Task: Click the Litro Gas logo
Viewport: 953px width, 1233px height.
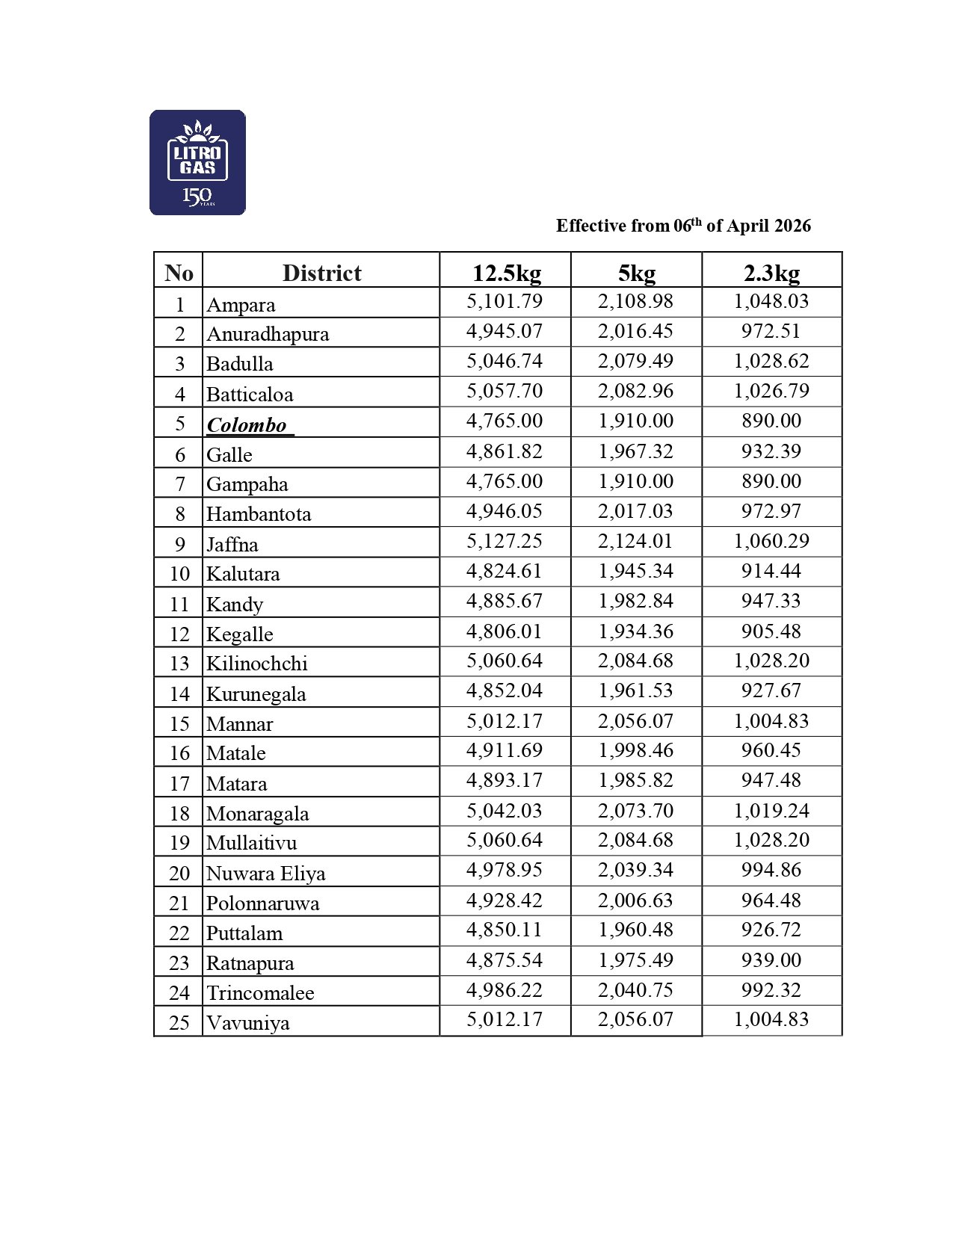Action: coord(197,163)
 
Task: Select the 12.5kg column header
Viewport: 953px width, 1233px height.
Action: coord(506,273)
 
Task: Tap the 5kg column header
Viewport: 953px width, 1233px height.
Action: coord(636,273)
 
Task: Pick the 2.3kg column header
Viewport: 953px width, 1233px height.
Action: coord(771,273)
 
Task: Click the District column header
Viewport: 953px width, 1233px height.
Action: coord(321,273)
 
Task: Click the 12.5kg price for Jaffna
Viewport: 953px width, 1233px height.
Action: coord(505,541)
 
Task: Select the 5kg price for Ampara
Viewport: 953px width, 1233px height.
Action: coord(635,301)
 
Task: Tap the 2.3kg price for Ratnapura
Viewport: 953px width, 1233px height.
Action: coord(771,960)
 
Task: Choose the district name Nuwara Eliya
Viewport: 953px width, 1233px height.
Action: coord(265,873)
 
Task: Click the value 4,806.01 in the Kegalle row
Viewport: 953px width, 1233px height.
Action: coord(505,631)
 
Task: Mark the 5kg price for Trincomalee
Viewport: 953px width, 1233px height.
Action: coord(635,990)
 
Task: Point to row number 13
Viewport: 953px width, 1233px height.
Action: coord(179,664)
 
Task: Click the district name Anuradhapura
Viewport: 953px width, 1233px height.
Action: coord(268,334)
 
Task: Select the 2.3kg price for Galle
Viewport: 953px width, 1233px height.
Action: coord(771,451)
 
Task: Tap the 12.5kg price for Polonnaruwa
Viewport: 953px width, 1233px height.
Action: coord(505,900)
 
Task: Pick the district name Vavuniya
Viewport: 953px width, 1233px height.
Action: coord(248,1022)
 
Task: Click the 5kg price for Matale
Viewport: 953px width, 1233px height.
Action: coord(635,750)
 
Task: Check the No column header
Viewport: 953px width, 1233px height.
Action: coord(179,273)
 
